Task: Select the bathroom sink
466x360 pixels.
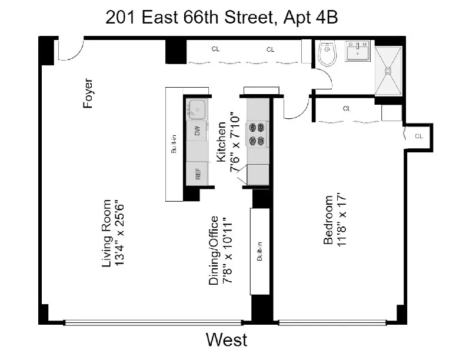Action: (357, 52)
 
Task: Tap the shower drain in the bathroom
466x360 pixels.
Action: (388, 70)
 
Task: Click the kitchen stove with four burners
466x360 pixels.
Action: (257, 134)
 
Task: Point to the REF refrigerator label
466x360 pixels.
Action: (198, 174)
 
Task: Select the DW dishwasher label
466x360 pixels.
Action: (198, 132)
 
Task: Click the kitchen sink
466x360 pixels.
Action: (197, 108)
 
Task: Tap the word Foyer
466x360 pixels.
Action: (88, 94)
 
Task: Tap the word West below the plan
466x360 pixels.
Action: (226, 339)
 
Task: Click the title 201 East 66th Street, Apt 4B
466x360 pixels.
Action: (221, 17)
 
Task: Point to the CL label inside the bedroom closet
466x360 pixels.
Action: (347, 109)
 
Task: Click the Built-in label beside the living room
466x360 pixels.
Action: (174, 144)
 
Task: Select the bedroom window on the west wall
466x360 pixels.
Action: (333, 322)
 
